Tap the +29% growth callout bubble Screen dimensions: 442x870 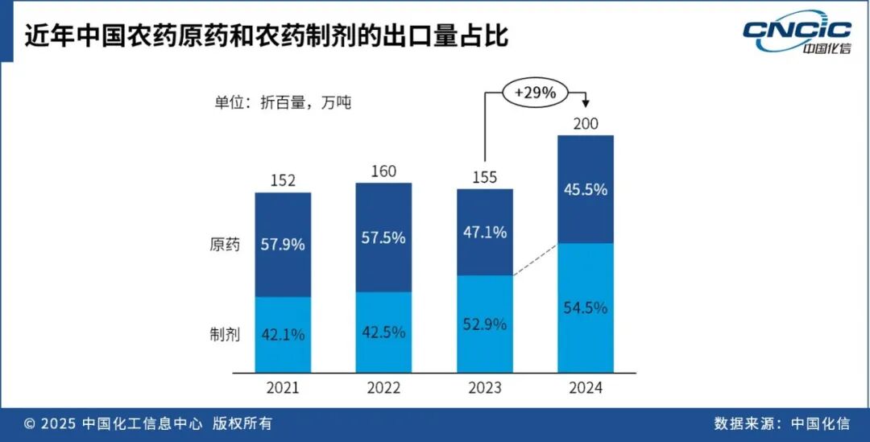536,93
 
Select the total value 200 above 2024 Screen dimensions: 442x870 586,122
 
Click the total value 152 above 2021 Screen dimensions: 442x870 283,180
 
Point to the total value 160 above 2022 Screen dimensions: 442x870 383,171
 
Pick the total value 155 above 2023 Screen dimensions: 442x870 484,177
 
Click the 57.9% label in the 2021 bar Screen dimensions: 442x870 283,244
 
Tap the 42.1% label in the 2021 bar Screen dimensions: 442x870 283,334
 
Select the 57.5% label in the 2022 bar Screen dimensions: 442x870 383,238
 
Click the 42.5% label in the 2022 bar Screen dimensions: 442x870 383,332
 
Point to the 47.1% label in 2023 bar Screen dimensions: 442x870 484,233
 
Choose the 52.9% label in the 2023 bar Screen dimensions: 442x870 484,324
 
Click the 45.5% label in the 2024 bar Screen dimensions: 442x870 586,190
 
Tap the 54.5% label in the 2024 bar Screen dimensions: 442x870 586,308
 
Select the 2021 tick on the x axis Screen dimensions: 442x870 283,387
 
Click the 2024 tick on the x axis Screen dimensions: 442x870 586,387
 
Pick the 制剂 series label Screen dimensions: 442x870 225,335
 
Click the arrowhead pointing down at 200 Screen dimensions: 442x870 586,104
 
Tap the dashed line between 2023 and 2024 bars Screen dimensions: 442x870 535,259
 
